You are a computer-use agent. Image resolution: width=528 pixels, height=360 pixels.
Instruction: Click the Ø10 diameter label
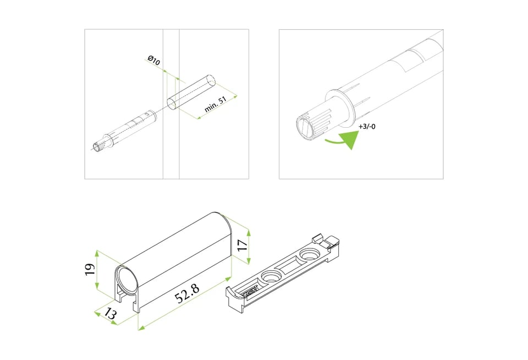point(154,61)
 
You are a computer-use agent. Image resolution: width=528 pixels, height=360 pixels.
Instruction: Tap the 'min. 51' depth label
point(216,104)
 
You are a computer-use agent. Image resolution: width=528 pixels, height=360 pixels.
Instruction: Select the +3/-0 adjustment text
point(367,127)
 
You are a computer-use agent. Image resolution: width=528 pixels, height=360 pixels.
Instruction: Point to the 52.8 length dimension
point(187,293)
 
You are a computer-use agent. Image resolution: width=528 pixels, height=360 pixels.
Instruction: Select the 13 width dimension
point(111,313)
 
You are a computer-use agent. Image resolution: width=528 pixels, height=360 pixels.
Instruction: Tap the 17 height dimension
point(243,245)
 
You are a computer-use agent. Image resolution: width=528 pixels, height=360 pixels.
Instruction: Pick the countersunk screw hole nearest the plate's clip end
point(309,254)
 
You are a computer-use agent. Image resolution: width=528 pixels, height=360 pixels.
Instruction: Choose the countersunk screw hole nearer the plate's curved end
point(271,276)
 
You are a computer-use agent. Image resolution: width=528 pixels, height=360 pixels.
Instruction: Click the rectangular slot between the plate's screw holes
point(290,266)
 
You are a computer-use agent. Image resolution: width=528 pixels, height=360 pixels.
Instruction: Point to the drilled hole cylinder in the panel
point(191,92)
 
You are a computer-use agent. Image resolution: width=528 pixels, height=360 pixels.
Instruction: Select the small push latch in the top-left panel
point(125,130)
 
